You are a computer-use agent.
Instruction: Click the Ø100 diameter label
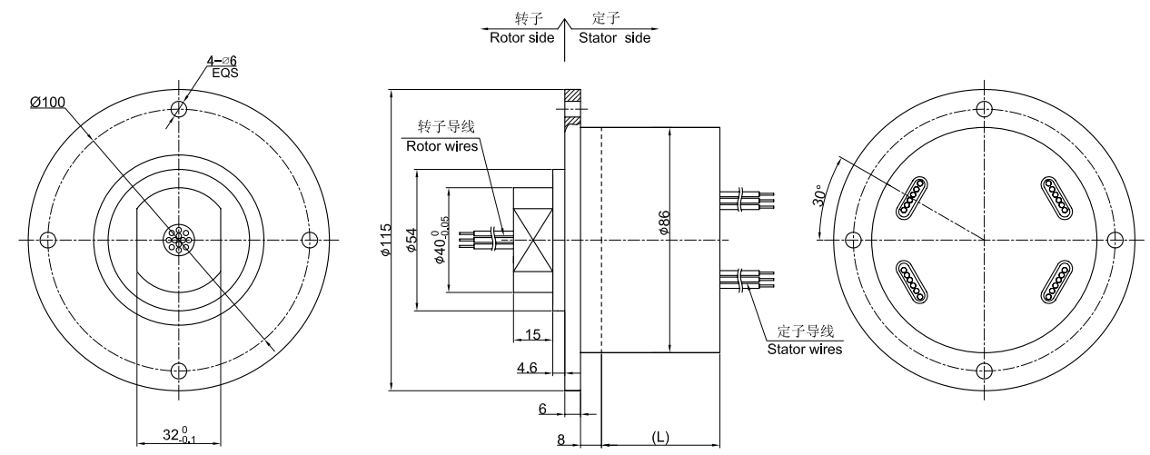pos(47,102)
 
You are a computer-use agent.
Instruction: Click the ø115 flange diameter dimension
pos(386,240)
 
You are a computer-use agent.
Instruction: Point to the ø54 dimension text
pos(411,239)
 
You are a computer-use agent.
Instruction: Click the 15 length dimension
pos(534,335)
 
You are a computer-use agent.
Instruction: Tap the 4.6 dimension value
pos(528,369)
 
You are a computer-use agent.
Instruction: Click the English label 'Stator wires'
pos(805,348)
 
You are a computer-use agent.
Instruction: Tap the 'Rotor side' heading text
pos(522,38)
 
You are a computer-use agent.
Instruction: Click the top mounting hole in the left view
pos(179,110)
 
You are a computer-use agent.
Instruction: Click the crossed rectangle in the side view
pos(533,240)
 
